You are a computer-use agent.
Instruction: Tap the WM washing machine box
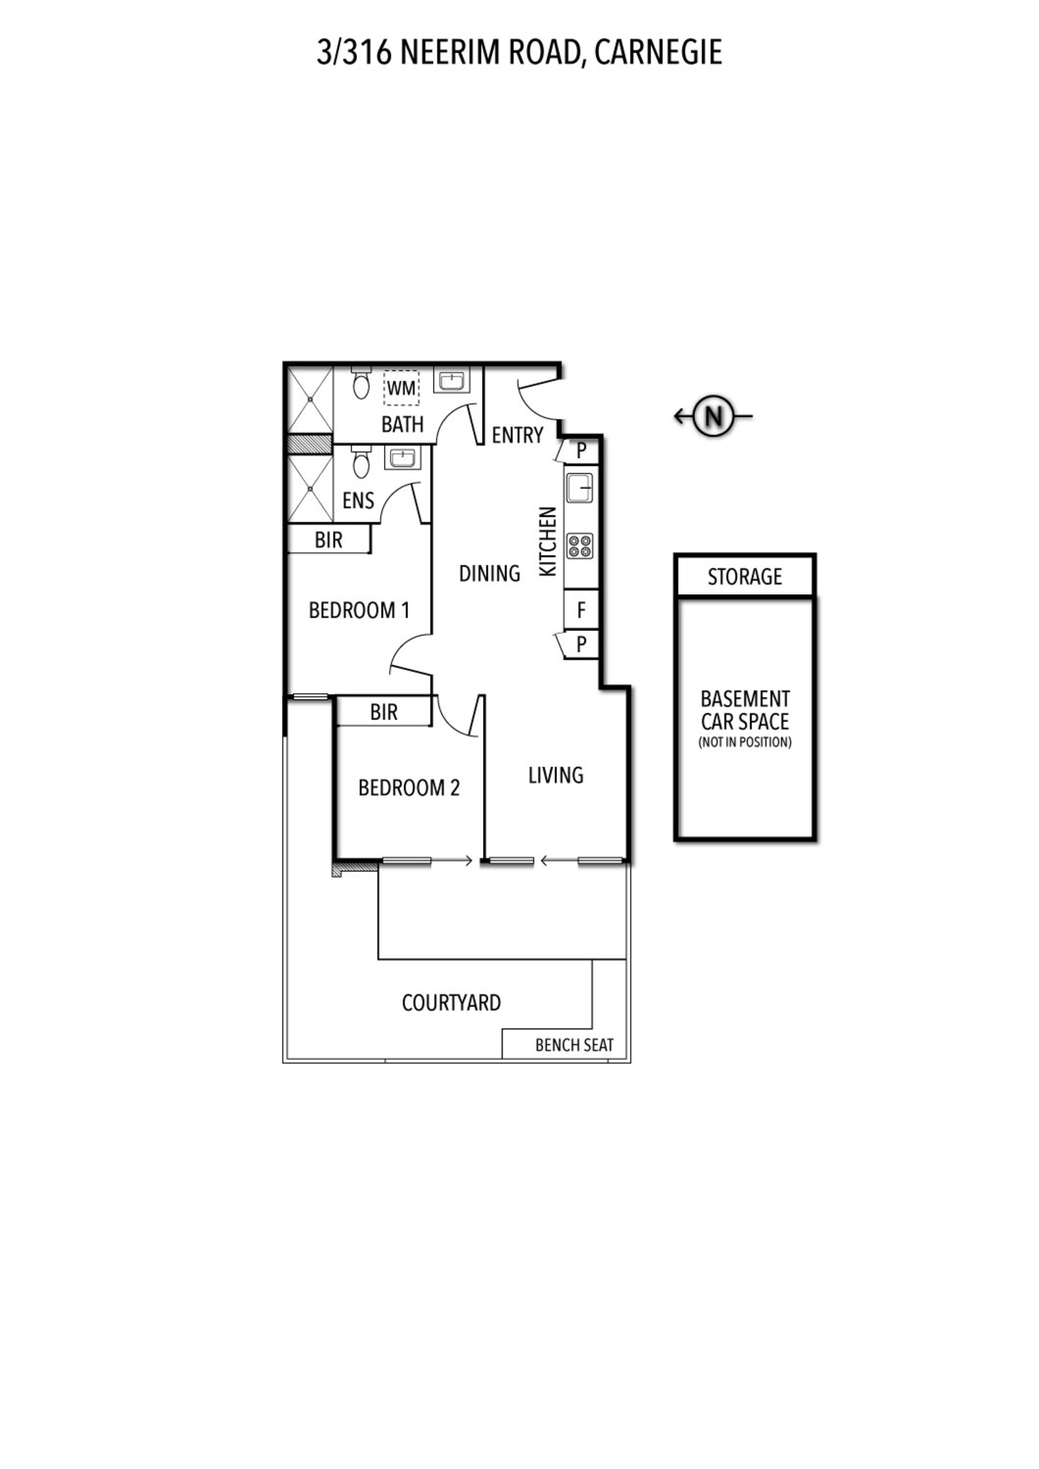click(x=401, y=388)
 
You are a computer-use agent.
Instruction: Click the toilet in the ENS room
click(x=361, y=462)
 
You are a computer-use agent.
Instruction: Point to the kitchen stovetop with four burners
click(x=580, y=545)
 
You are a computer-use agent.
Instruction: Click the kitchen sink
click(x=580, y=488)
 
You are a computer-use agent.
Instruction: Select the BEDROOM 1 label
click(x=359, y=611)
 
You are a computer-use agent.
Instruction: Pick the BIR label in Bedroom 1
click(x=328, y=540)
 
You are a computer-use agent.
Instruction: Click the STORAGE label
click(x=744, y=577)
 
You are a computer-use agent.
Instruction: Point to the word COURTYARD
click(x=451, y=1002)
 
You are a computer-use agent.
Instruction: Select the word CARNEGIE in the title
click(x=658, y=52)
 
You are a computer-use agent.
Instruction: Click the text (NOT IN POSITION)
click(x=745, y=742)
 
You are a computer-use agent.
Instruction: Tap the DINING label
click(x=490, y=573)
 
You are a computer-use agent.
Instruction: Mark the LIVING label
click(x=556, y=776)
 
